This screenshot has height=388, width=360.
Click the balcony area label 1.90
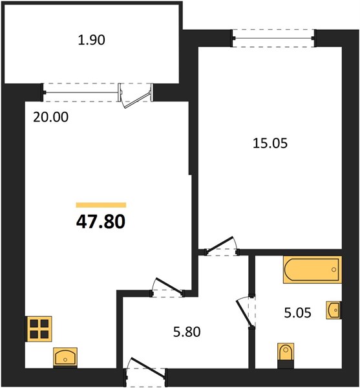point(92,40)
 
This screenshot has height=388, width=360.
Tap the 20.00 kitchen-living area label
point(50,117)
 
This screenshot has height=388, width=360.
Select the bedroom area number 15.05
point(270,144)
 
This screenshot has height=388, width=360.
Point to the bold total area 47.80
point(101,221)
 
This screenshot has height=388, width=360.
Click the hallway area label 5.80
point(187,332)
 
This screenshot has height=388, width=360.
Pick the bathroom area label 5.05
point(298,313)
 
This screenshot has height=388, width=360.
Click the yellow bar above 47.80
point(101,205)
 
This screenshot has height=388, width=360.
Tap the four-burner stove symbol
point(39,329)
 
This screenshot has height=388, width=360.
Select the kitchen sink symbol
point(65,357)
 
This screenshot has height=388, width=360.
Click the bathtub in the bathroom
point(313,270)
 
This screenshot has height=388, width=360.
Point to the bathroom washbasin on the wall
point(334,310)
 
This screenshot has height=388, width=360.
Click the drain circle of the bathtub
point(334,270)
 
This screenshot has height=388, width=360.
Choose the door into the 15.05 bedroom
point(220,244)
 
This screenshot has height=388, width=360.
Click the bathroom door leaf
point(244,313)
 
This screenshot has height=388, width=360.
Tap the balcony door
point(136,96)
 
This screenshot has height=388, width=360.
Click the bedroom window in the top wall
point(273,38)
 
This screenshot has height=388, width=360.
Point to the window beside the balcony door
point(81,92)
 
